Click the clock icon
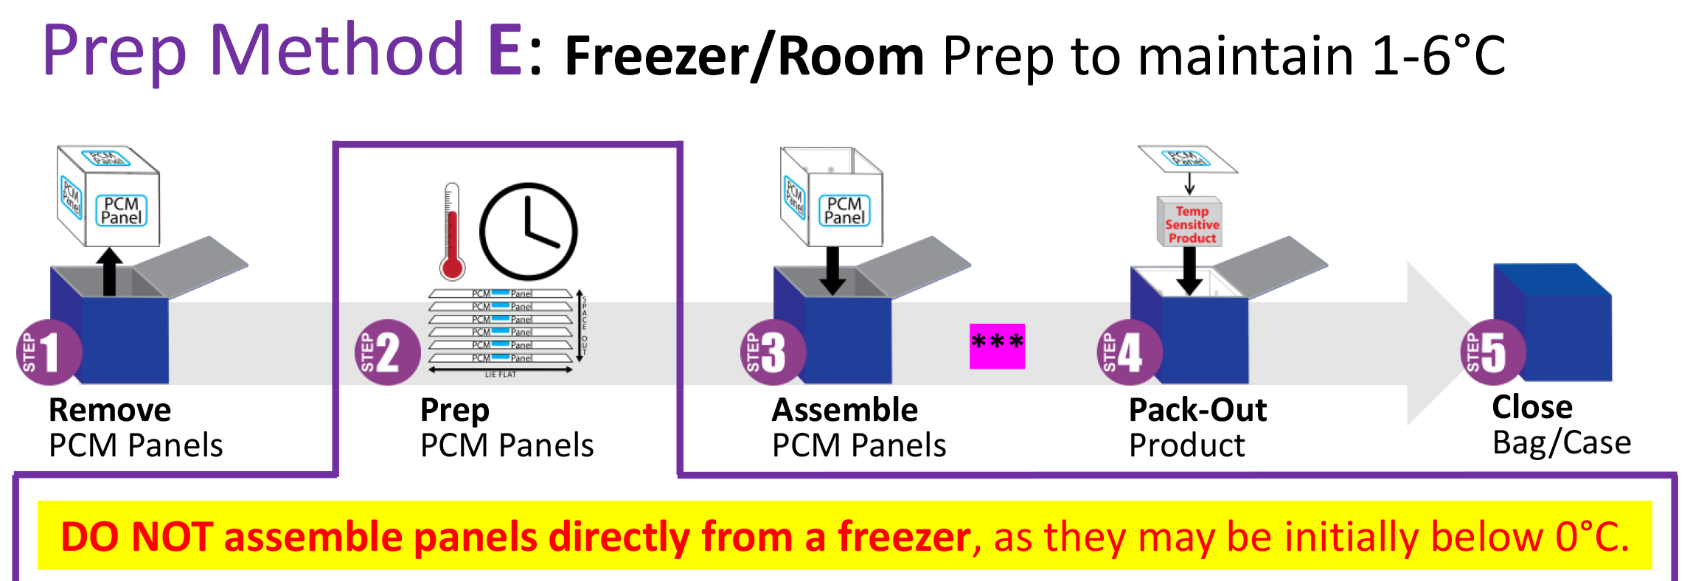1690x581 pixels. [528, 232]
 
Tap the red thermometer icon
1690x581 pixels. [452, 232]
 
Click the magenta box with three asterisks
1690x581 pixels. [997, 346]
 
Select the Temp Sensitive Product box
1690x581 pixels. [1190, 223]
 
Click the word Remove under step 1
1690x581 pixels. [110, 410]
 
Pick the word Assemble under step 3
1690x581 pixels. [844, 410]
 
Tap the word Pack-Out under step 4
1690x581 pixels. [1197, 410]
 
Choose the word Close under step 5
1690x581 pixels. [1532, 407]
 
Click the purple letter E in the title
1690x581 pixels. [505, 52]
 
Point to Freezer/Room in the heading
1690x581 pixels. [744, 56]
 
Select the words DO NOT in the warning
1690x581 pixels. [137, 537]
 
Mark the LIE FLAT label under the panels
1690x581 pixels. [501, 375]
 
